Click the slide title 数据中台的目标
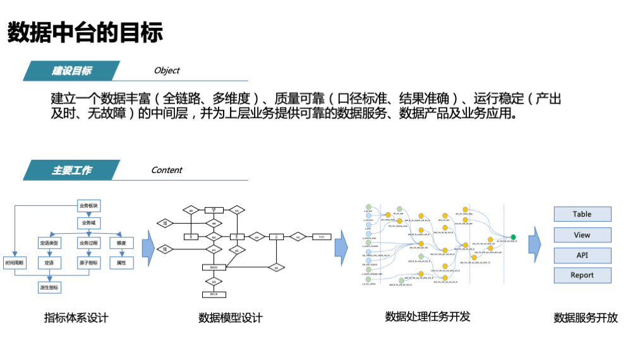[85, 32]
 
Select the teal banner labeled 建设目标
[71, 71]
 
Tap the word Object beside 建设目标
[167, 71]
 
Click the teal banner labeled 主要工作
[71, 171]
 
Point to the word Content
[167, 170]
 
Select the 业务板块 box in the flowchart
[88, 206]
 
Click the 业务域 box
[88, 223]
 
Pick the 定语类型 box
[49, 243]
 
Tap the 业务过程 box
[88, 243]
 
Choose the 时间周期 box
[15, 262]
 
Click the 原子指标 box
[88, 262]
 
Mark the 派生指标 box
[49, 287]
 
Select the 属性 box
[122, 262]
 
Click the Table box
[582, 214]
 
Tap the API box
[582, 255]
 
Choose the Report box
[582, 275]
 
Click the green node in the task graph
[513, 237]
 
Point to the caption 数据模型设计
[230, 318]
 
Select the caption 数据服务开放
[586, 318]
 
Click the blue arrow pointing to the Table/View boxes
[535, 244]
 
